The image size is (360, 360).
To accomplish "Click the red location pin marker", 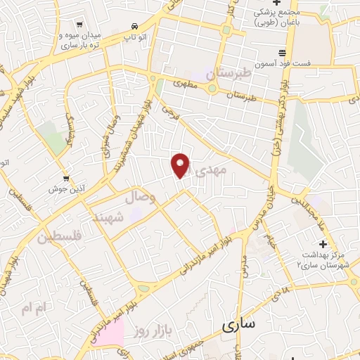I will (x=181, y=165).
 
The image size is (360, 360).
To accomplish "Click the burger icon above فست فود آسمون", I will (x=283, y=53).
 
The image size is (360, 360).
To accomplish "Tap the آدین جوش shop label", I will (x=62, y=189).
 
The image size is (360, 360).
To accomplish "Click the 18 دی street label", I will (x=283, y=293).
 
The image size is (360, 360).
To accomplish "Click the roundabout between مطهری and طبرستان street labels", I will (x=212, y=88).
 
